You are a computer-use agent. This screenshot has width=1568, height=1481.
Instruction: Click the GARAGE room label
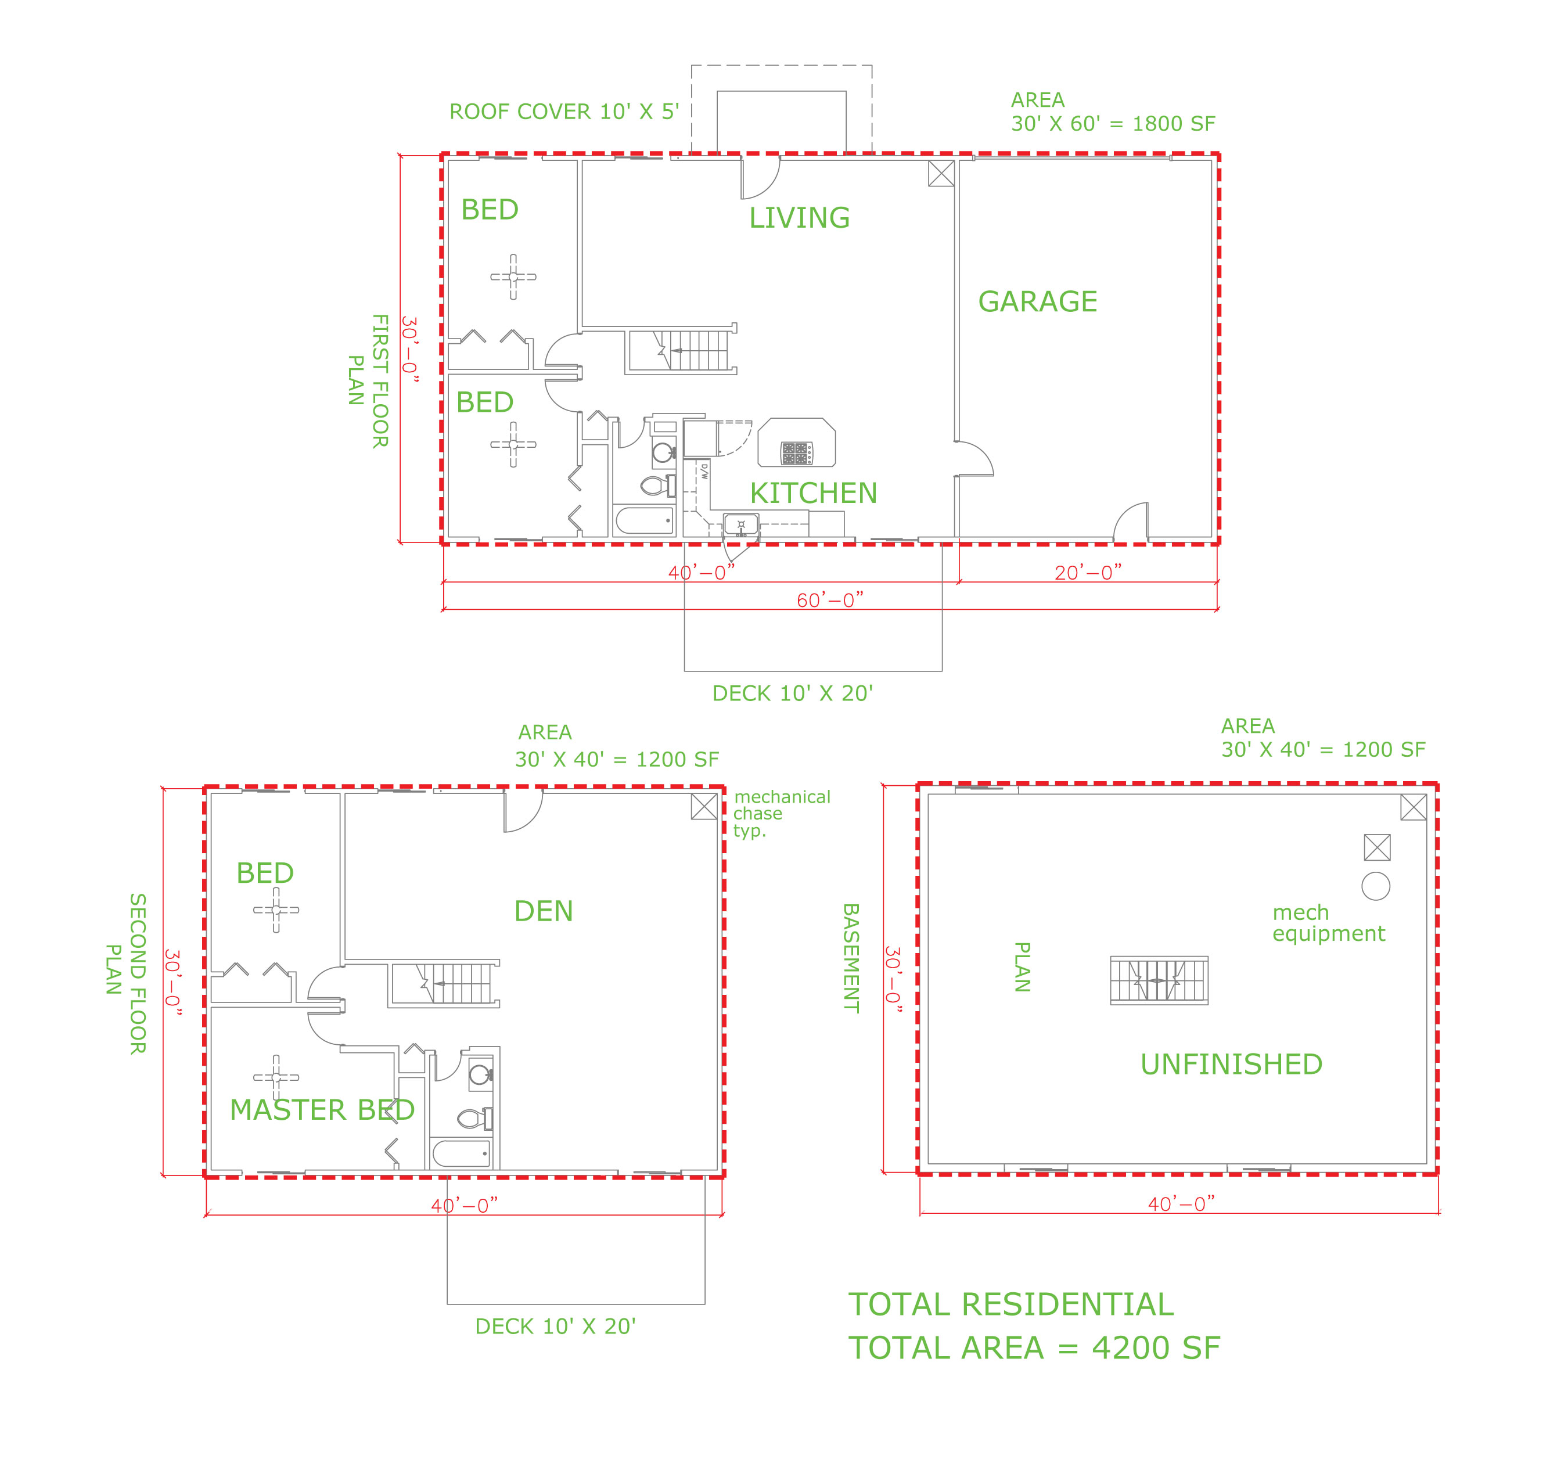[1037, 301]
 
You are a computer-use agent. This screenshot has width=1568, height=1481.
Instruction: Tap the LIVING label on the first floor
[799, 218]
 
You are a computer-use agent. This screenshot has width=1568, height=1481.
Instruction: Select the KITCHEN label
[813, 494]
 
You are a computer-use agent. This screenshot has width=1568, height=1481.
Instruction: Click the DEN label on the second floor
[543, 911]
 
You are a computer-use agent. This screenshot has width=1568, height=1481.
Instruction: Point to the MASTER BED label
[322, 1110]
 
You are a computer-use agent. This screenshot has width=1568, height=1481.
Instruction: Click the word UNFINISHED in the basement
[1231, 1064]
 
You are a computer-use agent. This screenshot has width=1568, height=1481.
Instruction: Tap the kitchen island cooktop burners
[796, 453]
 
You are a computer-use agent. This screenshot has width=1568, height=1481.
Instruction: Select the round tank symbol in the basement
[1375, 886]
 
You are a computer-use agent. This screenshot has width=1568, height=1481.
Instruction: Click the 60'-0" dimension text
[830, 600]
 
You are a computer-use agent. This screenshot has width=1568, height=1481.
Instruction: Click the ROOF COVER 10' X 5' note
[564, 112]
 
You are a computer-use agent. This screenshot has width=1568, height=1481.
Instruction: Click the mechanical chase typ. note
[782, 813]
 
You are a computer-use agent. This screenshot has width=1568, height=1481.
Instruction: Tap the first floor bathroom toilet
[657, 486]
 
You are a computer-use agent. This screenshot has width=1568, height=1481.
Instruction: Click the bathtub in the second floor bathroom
[461, 1153]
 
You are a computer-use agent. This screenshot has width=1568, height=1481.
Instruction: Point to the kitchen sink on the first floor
[740, 525]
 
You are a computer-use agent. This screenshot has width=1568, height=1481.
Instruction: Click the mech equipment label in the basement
[1329, 923]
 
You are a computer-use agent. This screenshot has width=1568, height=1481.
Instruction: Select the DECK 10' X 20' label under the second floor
[555, 1327]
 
